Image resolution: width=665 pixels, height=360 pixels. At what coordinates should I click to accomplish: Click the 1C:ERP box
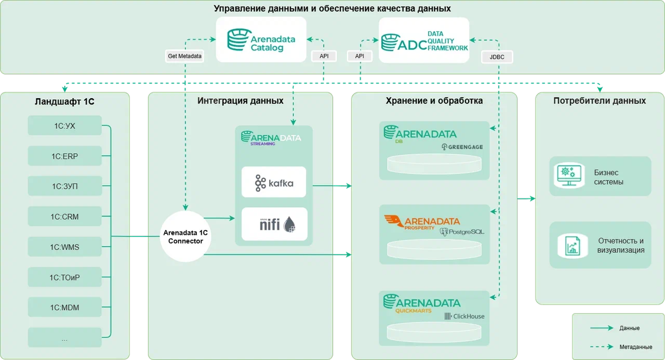tap(64, 155)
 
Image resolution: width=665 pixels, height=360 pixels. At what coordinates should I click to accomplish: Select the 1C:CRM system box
tap(64, 216)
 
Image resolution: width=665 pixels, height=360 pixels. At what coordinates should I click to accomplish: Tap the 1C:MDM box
tap(64, 308)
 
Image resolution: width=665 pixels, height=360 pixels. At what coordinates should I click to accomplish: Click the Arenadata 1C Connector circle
tap(185, 236)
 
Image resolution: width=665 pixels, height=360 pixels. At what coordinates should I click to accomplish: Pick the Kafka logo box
tap(274, 182)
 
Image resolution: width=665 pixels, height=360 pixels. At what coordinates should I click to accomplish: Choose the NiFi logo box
tap(274, 224)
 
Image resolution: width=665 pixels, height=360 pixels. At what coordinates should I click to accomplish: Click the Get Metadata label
tap(184, 56)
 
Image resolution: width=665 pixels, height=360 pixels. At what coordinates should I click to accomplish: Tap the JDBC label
tap(497, 56)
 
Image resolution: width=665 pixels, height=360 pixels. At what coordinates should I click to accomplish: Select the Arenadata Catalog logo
tap(261, 40)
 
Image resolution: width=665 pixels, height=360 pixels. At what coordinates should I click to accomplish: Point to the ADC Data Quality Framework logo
tap(424, 41)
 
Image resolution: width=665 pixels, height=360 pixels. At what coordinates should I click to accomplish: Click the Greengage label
tap(462, 147)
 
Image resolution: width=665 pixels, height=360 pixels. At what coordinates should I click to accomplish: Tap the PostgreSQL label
tap(462, 231)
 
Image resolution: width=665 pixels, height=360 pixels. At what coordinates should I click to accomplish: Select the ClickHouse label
tap(464, 316)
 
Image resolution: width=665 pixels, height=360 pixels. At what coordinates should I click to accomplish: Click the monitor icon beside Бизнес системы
tap(568, 177)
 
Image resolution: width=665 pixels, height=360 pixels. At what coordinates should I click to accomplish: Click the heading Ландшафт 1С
tap(65, 101)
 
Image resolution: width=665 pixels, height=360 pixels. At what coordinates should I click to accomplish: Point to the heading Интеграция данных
tap(241, 100)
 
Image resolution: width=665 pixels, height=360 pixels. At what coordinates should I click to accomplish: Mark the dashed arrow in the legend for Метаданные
tap(601, 346)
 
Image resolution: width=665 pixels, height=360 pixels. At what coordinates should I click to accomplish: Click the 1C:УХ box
tap(64, 125)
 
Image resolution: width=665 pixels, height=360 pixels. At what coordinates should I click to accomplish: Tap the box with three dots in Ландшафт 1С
tap(64, 338)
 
